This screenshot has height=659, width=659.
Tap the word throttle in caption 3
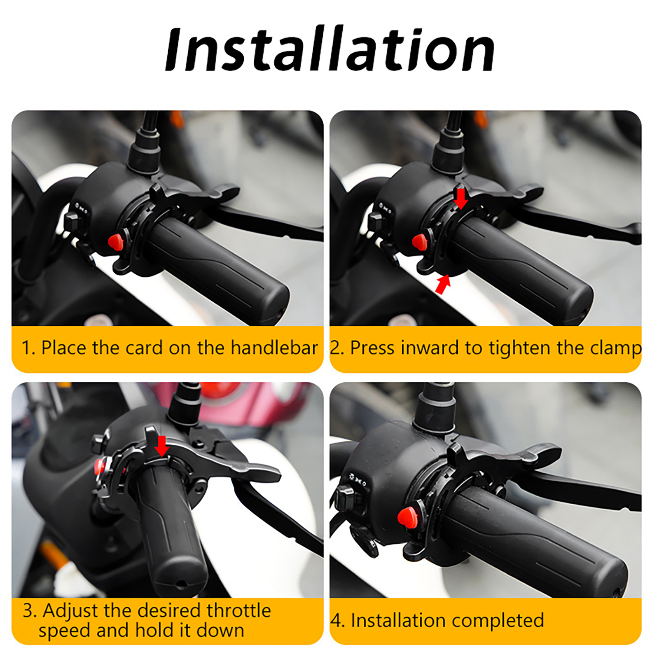tap(238, 610)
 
